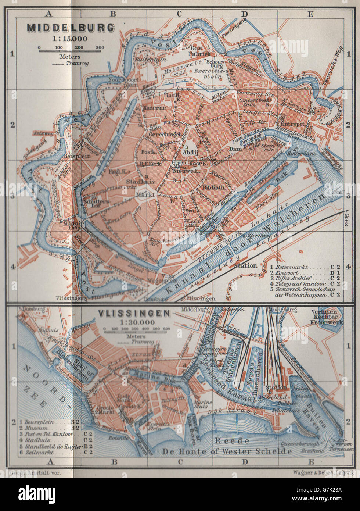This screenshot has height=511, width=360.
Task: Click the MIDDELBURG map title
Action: (x=70, y=28)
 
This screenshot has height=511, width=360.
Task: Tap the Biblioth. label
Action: (x=213, y=187)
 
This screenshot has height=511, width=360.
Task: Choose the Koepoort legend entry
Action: (x=288, y=273)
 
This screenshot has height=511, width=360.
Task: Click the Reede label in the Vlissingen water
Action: (x=227, y=440)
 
